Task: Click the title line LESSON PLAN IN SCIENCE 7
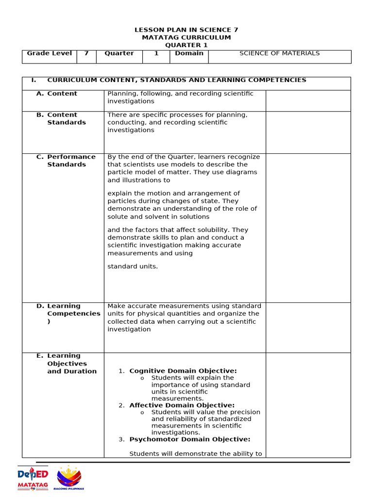coord(186,30)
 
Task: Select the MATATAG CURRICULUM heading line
coord(186,37)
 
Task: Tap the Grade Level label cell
coord(49,53)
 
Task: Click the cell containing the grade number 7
coord(86,53)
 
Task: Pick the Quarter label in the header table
coord(119,53)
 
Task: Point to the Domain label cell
coord(189,53)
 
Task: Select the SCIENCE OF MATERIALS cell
coord(279,53)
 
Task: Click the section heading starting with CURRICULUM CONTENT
coord(176,80)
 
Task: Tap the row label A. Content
coord(62,94)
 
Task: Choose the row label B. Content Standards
coord(66,119)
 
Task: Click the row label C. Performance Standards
coord(71,161)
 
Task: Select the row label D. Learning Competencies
coord(73,314)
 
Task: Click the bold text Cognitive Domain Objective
coord(183,371)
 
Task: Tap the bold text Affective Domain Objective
coord(182,405)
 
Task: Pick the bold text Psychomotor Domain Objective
coord(189,439)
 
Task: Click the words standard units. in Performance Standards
coord(133,266)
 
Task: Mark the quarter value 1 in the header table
coord(156,53)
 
